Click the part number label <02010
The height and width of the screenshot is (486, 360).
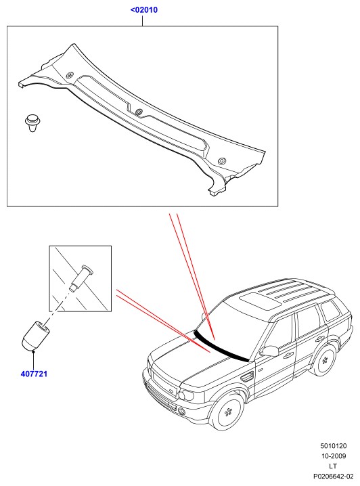click(143, 9)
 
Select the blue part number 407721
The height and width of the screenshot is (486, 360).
click(34, 374)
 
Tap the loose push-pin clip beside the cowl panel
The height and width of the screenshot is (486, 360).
click(32, 123)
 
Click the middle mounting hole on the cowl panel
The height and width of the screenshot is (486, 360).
click(139, 112)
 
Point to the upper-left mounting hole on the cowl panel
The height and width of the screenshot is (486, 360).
click(70, 75)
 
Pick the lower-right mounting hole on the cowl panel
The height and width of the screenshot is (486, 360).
click(222, 161)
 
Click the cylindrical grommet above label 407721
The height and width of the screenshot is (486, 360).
click(35, 335)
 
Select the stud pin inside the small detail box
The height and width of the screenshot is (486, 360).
click(82, 278)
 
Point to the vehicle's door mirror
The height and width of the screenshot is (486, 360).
click(269, 351)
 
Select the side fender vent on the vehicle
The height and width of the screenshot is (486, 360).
click(246, 378)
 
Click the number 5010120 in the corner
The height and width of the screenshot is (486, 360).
click(334, 446)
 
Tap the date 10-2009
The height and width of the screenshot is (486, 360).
click(334, 456)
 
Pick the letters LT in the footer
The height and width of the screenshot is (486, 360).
click(333, 466)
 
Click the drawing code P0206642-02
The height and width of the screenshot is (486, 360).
click(334, 476)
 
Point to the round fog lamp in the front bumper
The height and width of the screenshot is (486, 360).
click(182, 412)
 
